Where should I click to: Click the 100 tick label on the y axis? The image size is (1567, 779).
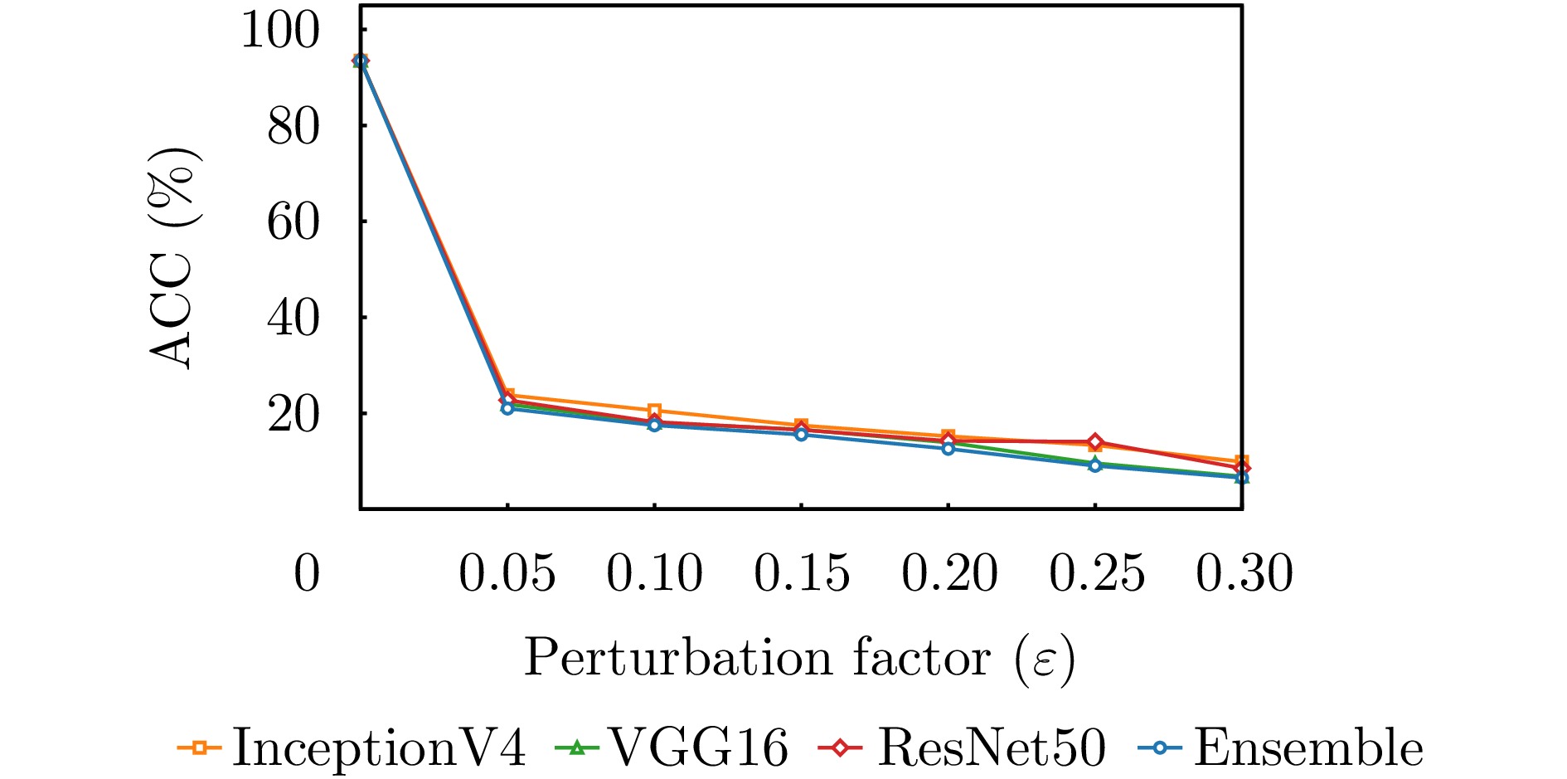[279, 31]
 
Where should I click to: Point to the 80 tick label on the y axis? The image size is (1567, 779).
[293, 127]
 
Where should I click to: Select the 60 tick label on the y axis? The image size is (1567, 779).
[293, 222]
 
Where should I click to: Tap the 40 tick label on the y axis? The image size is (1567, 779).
[293, 319]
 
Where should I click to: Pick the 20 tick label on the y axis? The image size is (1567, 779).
[293, 414]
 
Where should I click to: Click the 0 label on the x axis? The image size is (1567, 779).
[307, 573]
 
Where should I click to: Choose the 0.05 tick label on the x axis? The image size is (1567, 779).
[507, 573]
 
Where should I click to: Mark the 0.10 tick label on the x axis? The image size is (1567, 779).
[654, 573]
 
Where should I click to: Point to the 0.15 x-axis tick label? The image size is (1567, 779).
[802, 573]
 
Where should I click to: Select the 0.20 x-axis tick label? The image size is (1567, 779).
[949, 573]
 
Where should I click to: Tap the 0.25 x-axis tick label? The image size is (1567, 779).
[1096, 573]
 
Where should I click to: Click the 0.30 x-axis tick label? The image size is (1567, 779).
[1244, 573]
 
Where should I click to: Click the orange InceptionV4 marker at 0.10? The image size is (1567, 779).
[654, 411]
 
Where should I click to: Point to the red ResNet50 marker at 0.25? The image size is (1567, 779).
[1095, 441]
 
